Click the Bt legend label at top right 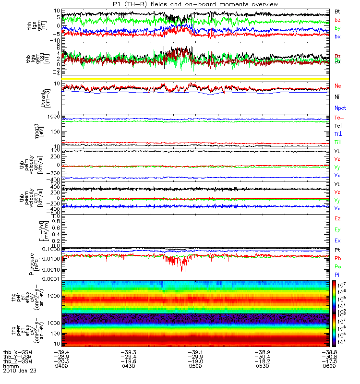click(x=337, y=11)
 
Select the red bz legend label click(x=337, y=20)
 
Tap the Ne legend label click(x=338, y=86)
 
